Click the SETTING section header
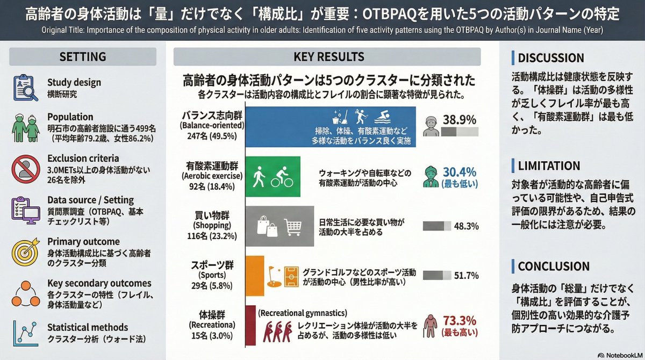[82, 56]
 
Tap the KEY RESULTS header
[329, 56]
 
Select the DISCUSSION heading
[550, 57]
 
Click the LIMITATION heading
[549, 166]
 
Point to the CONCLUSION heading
[554, 267]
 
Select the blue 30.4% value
[460, 172]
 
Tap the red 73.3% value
[460, 321]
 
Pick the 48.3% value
[466, 226]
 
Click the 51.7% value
[466, 276]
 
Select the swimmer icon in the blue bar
[382, 115]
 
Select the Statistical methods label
[88, 327]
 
